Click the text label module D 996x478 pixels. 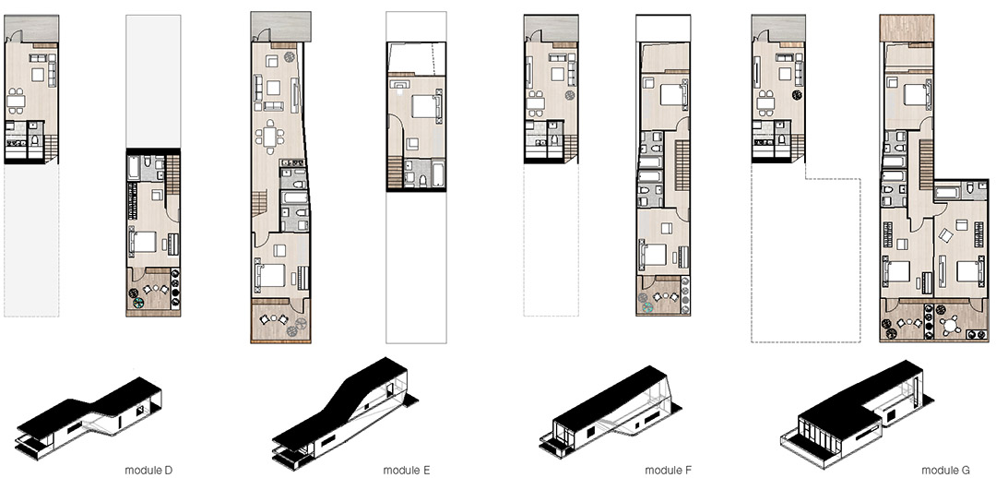(148, 471)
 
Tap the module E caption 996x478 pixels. (407, 471)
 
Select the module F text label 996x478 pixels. (669, 471)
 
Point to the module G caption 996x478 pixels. (946, 471)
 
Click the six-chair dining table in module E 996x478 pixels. (270, 137)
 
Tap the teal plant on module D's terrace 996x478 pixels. (139, 304)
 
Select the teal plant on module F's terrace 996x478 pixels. (647, 307)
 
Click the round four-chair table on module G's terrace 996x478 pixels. (950, 326)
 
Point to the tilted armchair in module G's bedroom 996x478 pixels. (946, 236)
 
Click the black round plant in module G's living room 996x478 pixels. (795, 95)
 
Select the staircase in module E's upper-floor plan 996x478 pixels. (395, 173)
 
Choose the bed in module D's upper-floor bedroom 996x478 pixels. (144, 242)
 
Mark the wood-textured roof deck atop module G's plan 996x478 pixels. (907, 28)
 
